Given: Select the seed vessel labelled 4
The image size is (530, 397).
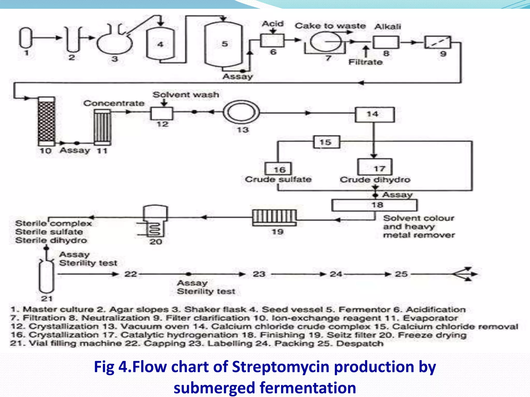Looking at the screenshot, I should coord(160,44).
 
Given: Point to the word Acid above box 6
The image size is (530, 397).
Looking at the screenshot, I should coord(273,24).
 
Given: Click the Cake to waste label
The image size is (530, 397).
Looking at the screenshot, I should coord(330,26).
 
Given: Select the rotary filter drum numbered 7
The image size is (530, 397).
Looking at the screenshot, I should coord(325,42).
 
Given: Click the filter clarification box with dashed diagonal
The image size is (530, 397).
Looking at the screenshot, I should coord(437,42).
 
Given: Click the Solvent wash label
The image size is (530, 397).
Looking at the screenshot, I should coord(186,95).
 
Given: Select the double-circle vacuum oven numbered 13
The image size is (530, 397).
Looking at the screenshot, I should coord(241,113).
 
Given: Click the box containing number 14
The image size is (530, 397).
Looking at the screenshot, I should coord(374,114).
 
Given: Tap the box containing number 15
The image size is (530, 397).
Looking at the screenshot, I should coord(326,142).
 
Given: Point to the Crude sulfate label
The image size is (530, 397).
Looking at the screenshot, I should coord(278,179).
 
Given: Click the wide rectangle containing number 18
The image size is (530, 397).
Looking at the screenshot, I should coord(374,205).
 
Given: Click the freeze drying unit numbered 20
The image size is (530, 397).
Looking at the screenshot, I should coord(155,221).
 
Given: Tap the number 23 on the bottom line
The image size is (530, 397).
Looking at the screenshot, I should coord(259,274).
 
